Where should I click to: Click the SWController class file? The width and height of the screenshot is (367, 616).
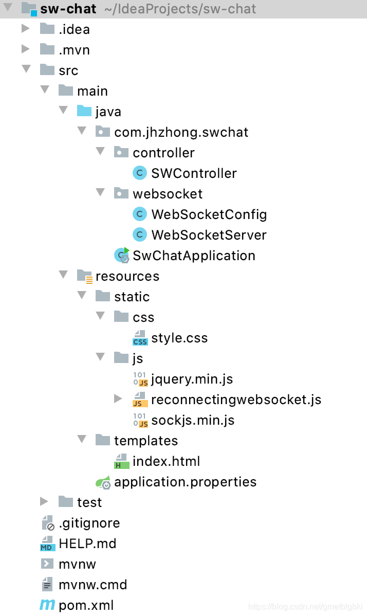(x=193, y=173)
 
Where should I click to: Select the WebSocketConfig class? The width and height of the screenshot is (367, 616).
(x=208, y=214)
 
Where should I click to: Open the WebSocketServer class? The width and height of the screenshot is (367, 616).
(x=208, y=235)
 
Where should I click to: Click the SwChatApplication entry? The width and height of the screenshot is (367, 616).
(x=193, y=256)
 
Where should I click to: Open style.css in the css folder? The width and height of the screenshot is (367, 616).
(x=179, y=338)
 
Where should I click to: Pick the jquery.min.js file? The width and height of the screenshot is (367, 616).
(x=191, y=379)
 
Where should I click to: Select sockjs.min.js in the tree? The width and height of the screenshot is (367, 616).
(x=192, y=420)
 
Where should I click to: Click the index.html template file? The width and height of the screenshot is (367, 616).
(x=166, y=461)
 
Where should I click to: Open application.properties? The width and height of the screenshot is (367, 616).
(x=185, y=482)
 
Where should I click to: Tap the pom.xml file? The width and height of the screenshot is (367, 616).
(x=86, y=605)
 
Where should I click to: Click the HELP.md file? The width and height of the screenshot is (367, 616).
(x=87, y=543)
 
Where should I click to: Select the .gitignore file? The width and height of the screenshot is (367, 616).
(x=89, y=523)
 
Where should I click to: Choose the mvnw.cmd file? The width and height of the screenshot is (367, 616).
(x=93, y=585)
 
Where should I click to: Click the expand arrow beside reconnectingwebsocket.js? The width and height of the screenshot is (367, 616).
(x=118, y=399)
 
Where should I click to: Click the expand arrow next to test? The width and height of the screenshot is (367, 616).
(x=44, y=502)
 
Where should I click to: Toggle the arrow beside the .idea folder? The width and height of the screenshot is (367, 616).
(x=26, y=29)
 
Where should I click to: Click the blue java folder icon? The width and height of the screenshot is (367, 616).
(x=84, y=111)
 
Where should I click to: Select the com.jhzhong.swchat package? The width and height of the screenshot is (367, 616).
(x=181, y=132)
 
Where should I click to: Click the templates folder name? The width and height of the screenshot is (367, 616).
(x=145, y=441)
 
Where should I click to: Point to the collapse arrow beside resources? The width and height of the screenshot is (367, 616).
(x=63, y=275)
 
